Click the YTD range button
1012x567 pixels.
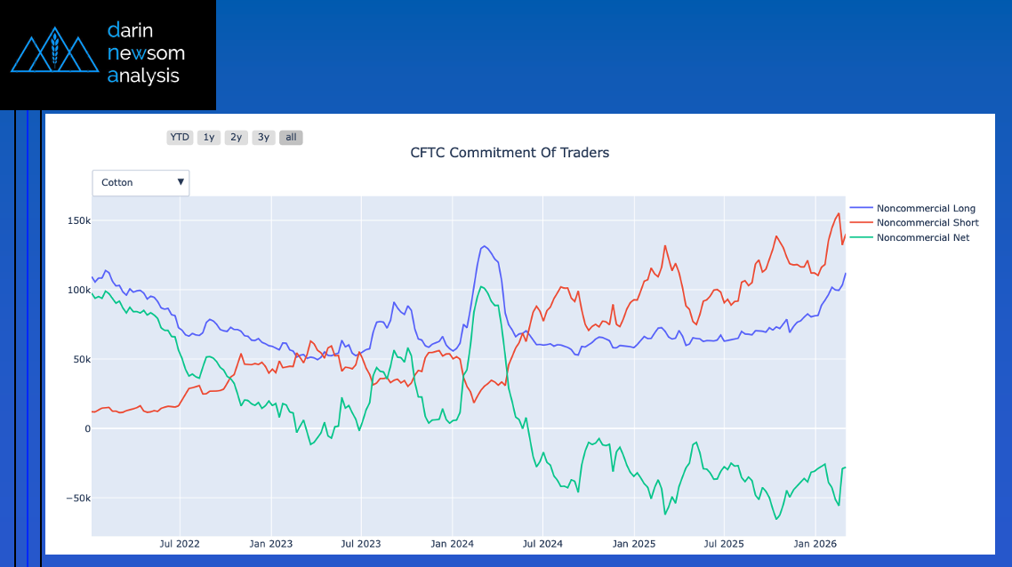180,138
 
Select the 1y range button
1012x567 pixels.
209,138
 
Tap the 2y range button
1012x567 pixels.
236,138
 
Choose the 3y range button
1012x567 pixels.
263,138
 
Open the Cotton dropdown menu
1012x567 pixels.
141,182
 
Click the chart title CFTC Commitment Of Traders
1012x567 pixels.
510,153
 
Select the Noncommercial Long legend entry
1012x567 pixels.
925,209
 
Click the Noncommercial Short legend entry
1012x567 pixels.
927,223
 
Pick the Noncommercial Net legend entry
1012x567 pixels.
922,237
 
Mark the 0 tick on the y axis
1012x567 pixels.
86,429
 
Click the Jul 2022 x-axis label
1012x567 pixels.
179,543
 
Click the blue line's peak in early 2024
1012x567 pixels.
483,246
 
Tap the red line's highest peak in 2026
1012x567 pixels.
839,213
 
